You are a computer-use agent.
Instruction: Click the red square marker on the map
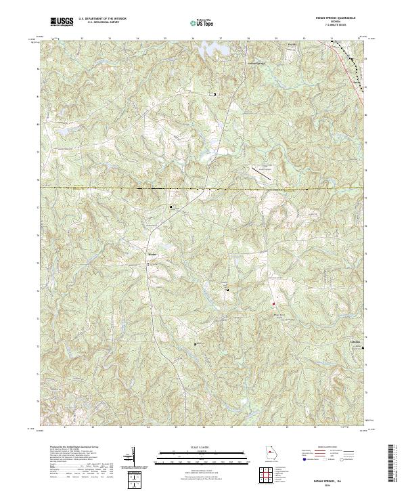coord(274,303)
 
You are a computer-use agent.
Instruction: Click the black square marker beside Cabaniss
coord(363,348)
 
